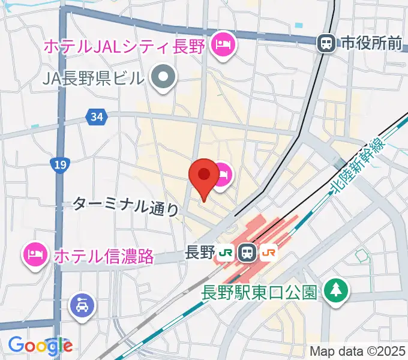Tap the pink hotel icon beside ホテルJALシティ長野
(x=223, y=44)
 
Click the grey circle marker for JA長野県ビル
(x=163, y=78)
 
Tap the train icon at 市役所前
(x=326, y=43)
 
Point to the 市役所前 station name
(x=371, y=43)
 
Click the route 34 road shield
(x=96, y=116)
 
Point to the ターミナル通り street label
(x=126, y=206)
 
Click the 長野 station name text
(x=200, y=253)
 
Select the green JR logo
(x=226, y=253)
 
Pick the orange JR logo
(x=268, y=253)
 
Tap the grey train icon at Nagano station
(x=247, y=253)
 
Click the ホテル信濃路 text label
(x=104, y=256)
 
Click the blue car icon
(x=81, y=305)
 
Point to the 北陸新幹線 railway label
(x=358, y=169)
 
